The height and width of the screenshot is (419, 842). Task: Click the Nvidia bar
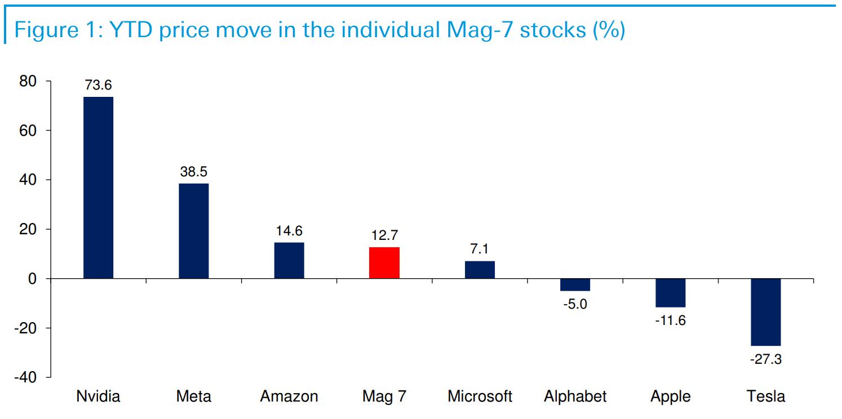coord(98,188)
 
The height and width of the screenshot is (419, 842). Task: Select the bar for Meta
coord(193,231)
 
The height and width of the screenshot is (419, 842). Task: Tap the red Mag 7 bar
coord(384,262)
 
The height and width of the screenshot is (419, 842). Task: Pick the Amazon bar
coord(289,260)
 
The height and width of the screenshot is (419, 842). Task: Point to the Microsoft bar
coord(480,270)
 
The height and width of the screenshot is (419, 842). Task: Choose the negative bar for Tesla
coord(766,312)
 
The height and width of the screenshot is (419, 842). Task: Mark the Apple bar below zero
coord(671,293)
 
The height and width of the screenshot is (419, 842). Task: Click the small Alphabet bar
coord(575,284)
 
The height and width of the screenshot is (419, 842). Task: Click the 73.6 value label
coord(98,86)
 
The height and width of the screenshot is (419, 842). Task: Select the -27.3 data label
coord(766,359)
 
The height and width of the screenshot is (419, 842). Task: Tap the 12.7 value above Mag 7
coord(384,236)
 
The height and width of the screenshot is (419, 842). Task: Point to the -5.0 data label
coord(575,304)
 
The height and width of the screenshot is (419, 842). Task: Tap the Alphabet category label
coord(575,396)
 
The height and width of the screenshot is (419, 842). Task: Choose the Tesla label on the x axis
coord(766,396)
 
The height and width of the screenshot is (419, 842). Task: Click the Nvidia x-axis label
coord(98,396)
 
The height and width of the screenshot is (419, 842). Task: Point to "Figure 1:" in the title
coord(54,29)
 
